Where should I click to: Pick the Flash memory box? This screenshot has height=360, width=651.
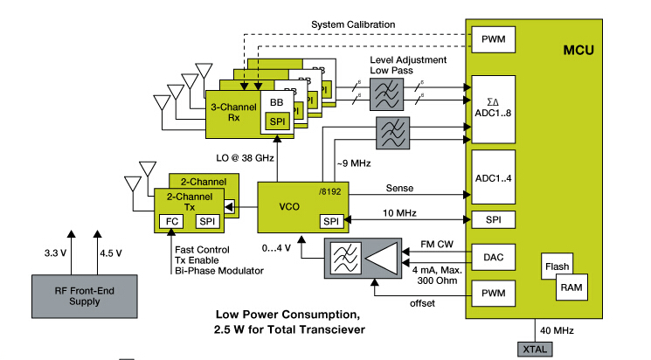(558, 266)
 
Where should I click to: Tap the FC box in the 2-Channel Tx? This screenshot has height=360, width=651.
(171, 221)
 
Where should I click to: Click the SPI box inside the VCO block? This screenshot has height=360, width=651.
(331, 221)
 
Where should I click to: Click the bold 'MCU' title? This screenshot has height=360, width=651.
(578, 50)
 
